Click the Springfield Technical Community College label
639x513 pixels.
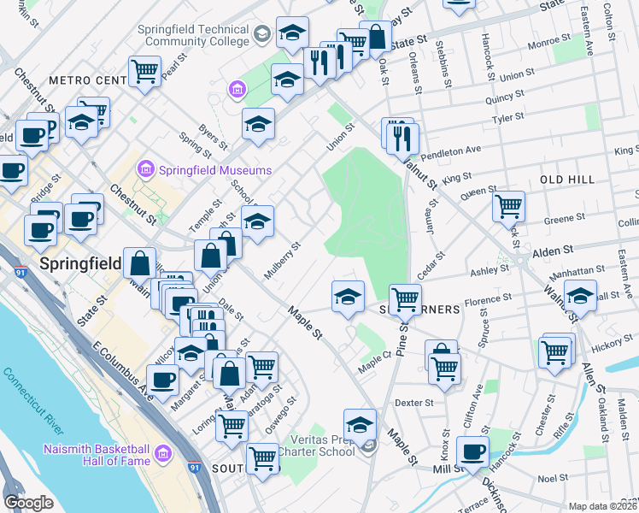click(x=193, y=35)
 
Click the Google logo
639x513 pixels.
click(x=28, y=503)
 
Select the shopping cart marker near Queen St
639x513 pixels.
click(x=508, y=205)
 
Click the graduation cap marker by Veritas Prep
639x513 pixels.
click(x=360, y=424)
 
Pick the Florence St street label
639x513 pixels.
click(x=488, y=300)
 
